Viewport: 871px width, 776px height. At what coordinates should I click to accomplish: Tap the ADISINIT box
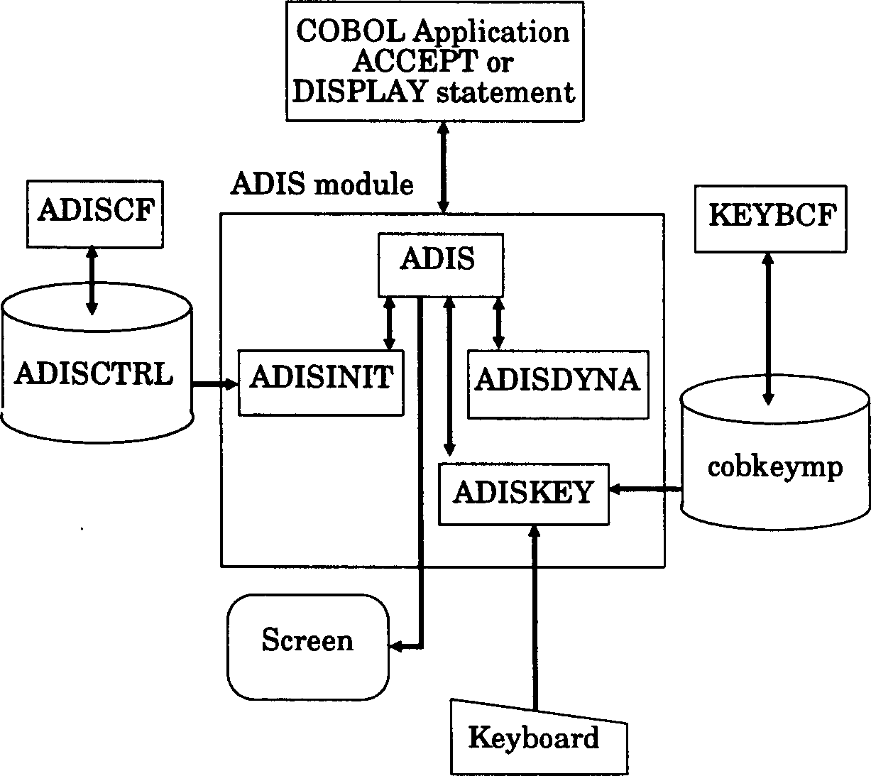point(321,382)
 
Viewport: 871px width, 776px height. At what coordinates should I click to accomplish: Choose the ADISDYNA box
point(557,383)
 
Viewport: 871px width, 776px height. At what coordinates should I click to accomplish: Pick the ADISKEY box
point(523,494)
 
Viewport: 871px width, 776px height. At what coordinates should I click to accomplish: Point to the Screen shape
point(307,647)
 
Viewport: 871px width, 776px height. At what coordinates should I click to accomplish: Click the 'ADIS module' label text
point(322,185)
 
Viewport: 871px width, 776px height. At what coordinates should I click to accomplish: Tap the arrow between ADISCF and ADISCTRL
point(92,279)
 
